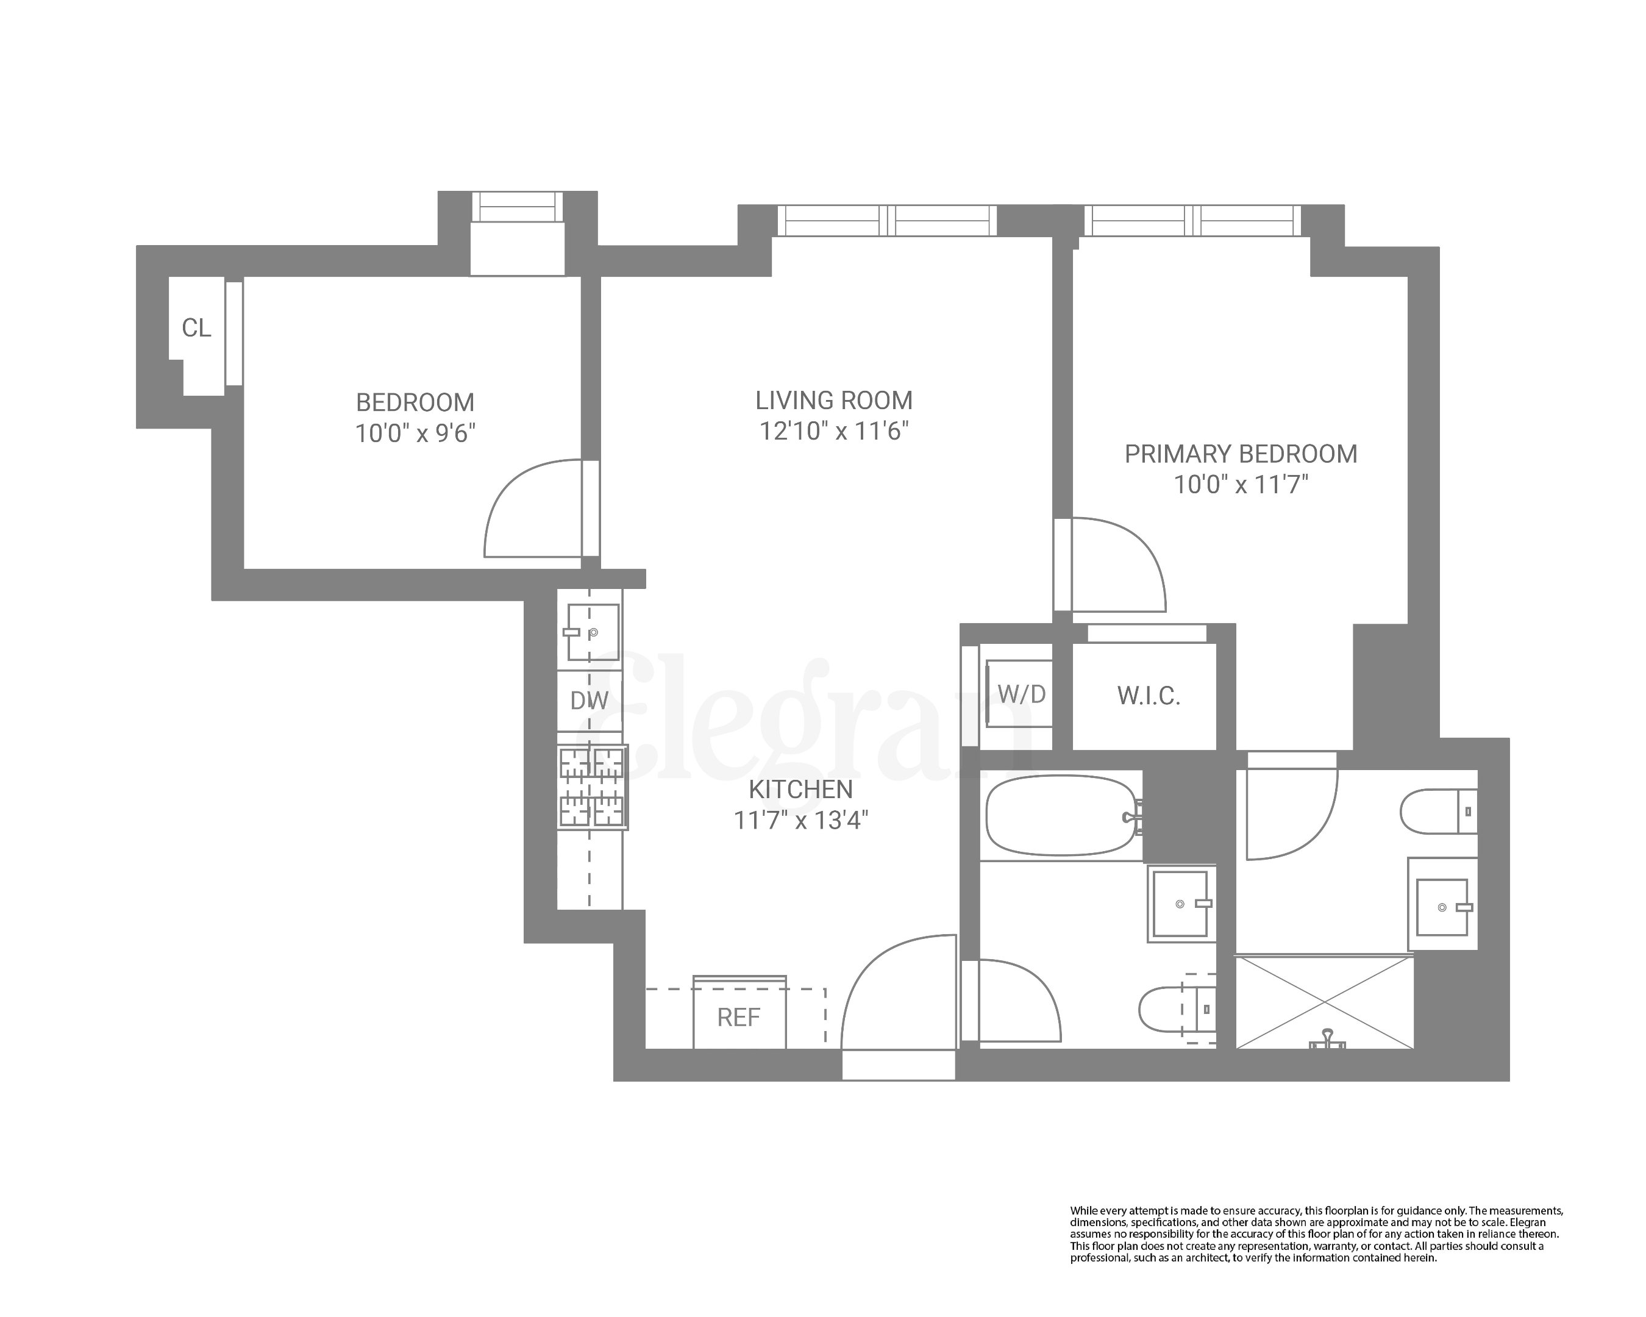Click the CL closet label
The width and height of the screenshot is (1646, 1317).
pos(196,328)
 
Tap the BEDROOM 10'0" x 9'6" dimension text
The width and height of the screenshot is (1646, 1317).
pos(415,434)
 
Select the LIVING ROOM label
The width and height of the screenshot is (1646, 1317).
pos(834,400)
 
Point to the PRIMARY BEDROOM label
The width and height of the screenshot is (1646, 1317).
pos(1241,454)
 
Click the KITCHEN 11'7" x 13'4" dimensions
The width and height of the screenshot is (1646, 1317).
pos(801,821)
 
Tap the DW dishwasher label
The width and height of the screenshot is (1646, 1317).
pos(589,700)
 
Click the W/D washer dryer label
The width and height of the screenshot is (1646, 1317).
pos(1021,694)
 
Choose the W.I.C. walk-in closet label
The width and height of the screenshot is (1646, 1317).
pos(1148,696)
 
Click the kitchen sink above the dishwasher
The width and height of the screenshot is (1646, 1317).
pos(593,632)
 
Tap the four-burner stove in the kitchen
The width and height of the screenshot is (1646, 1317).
pos(593,787)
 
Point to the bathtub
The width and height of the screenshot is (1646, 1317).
pos(1061,815)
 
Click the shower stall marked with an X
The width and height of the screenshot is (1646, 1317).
pos(1325,1002)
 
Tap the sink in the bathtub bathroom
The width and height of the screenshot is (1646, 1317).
pos(1181,904)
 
